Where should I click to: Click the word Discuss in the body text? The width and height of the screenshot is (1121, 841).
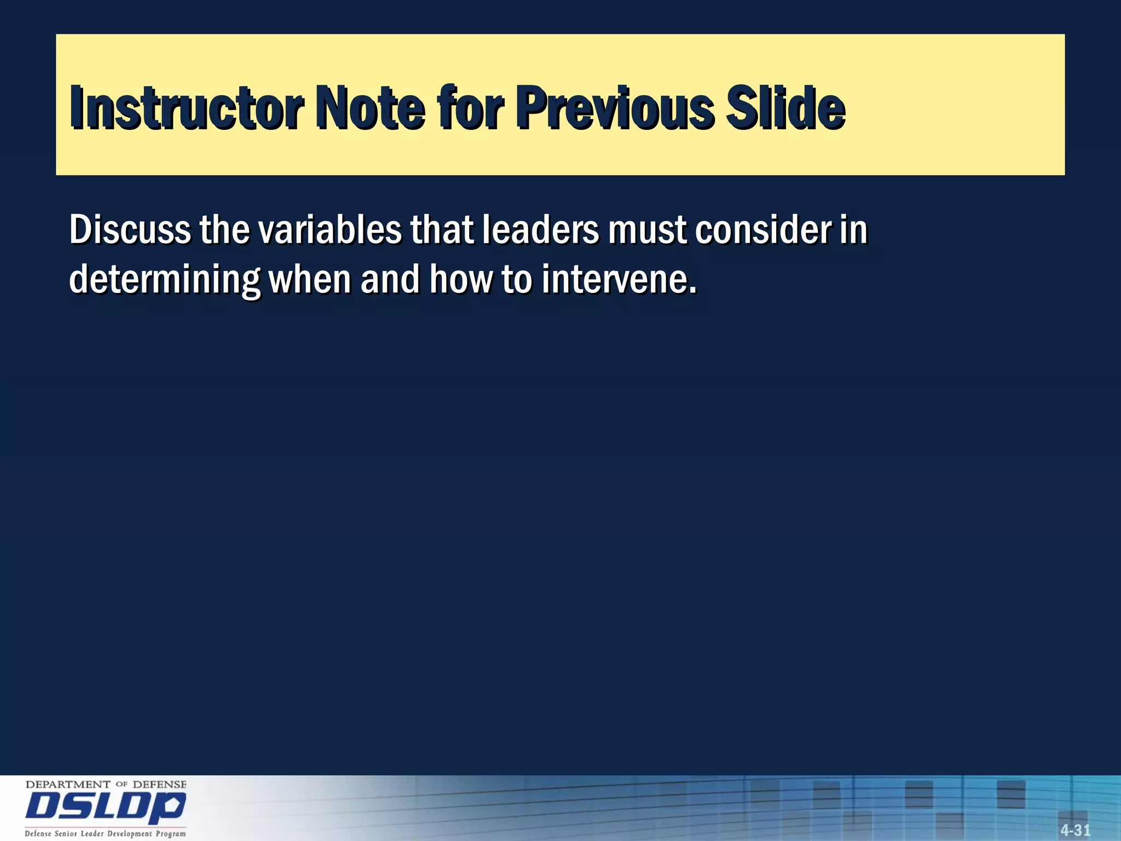[130, 230]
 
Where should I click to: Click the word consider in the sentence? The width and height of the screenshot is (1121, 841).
[763, 230]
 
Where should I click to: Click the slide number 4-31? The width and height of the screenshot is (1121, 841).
[1075, 830]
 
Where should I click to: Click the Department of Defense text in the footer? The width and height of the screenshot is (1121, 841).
[106, 785]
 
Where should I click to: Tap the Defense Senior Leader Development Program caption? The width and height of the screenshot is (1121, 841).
[105, 834]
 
